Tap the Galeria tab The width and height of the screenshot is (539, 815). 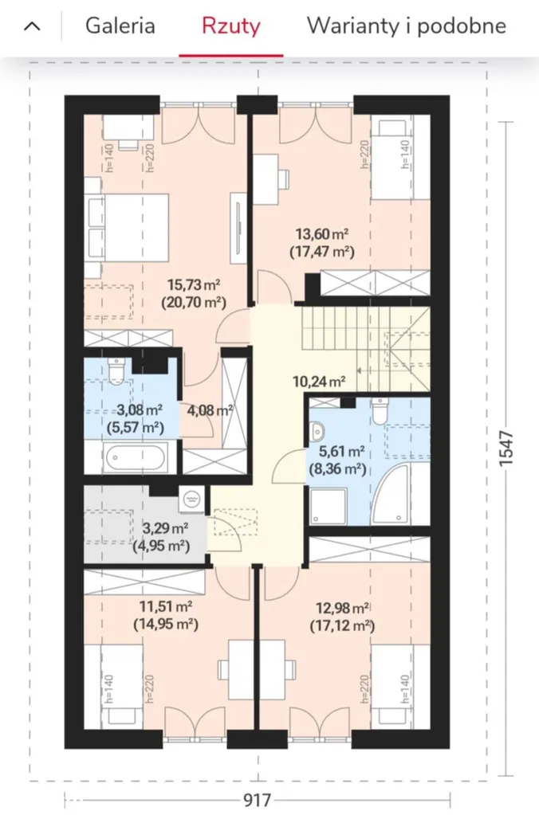pyautogui.click(x=120, y=25)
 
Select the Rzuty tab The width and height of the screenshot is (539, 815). pyautogui.click(x=231, y=26)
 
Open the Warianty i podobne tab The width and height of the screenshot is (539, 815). pyautogui.click(x=407, y=26)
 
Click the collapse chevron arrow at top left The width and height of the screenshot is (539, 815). pyautogui.click(x=32, y=26)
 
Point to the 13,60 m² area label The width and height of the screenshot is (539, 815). pyautogui.click(x=322, y=233)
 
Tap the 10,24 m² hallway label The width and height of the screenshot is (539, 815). pyautogui.click(x=320, y=382)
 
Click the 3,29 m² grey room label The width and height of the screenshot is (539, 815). pyautogui.click(x=165, y=529)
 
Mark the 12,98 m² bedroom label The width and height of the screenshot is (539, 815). pyautogui.click(x=343, y=608)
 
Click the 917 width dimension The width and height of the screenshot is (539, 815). pyautogui.click(x=258, y=799)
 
